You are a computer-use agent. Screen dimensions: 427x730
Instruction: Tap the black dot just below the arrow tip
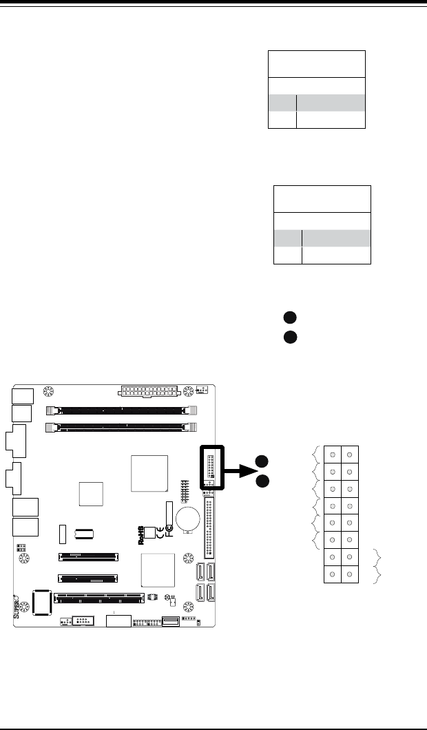point(262,481)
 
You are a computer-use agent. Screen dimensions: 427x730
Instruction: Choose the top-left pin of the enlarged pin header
point(333,455)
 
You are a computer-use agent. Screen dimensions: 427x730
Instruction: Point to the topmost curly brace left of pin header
point(315,455)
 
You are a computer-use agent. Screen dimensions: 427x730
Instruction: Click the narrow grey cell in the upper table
point(282,103)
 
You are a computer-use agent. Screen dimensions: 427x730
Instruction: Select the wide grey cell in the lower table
point(336,238)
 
